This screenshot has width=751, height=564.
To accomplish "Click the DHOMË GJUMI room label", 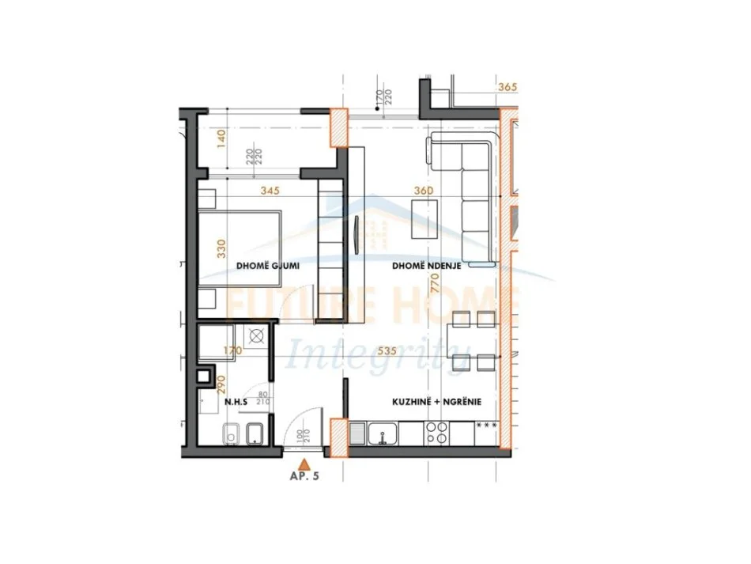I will (268, 266).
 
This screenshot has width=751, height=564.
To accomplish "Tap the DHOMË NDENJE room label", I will (427, 266).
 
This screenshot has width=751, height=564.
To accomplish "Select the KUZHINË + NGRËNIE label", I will (437, 402).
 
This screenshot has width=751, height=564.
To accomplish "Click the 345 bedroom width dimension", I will (271, 191).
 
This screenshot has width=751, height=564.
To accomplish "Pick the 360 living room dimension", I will (426, 191).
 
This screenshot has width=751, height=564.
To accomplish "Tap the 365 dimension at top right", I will (507, 88).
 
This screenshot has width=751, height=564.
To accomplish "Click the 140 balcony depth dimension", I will (222, 139).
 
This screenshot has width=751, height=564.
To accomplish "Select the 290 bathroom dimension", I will (222, 384).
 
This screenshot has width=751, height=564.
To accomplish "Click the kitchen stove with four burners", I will (436, 432).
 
